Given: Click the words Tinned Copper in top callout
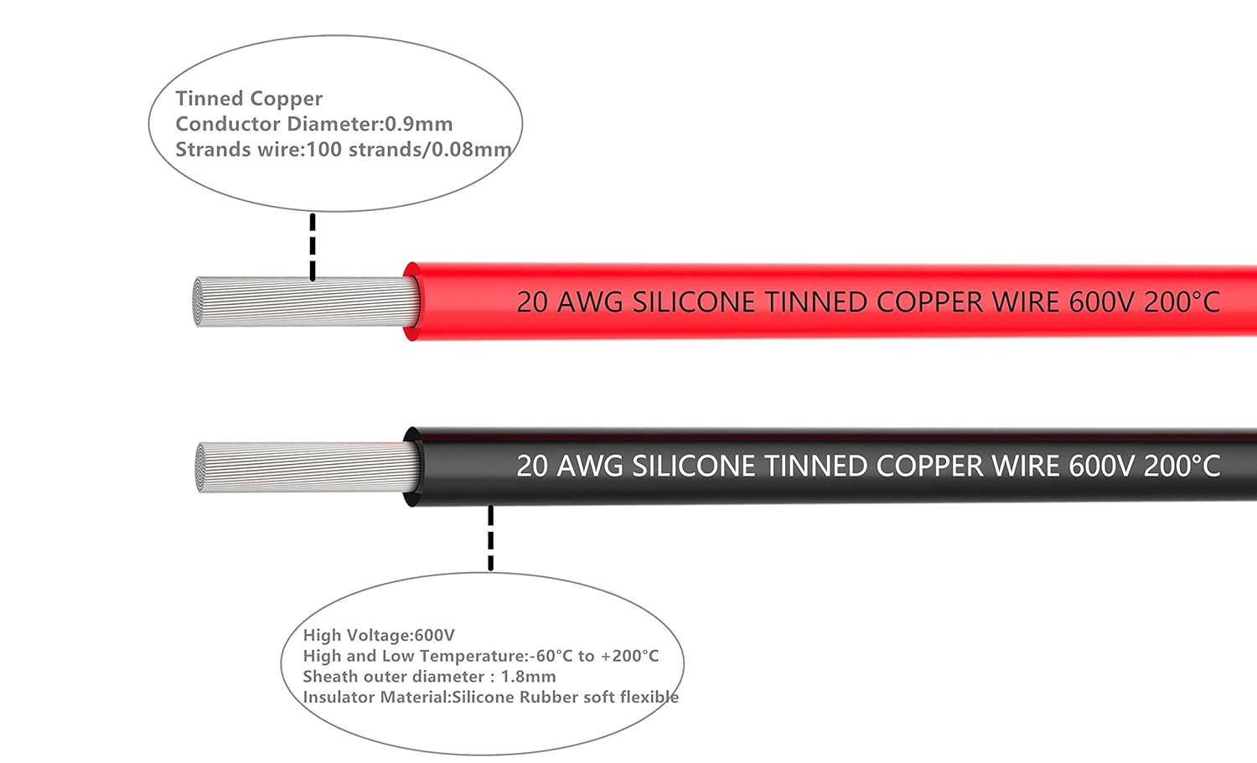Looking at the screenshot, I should (249, 99).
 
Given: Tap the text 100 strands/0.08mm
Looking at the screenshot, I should (409, 150).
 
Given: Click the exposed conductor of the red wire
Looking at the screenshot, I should (307, 302).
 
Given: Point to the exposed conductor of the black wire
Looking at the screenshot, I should (307, 467).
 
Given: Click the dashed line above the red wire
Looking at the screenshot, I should (313, 246).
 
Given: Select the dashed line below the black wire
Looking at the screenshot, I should (490, 538).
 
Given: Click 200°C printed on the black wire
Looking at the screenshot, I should (1182, 466).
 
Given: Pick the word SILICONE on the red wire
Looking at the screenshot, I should (693, 302).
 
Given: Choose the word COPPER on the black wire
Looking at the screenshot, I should (929, 466).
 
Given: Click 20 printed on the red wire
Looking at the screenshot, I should (532, 302).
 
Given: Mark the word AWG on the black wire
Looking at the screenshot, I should (590, 466).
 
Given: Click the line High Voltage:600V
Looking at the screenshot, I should (379, 636).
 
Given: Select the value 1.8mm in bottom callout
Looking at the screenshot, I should (528, 677).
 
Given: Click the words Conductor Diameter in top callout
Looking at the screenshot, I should (277, 124).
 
